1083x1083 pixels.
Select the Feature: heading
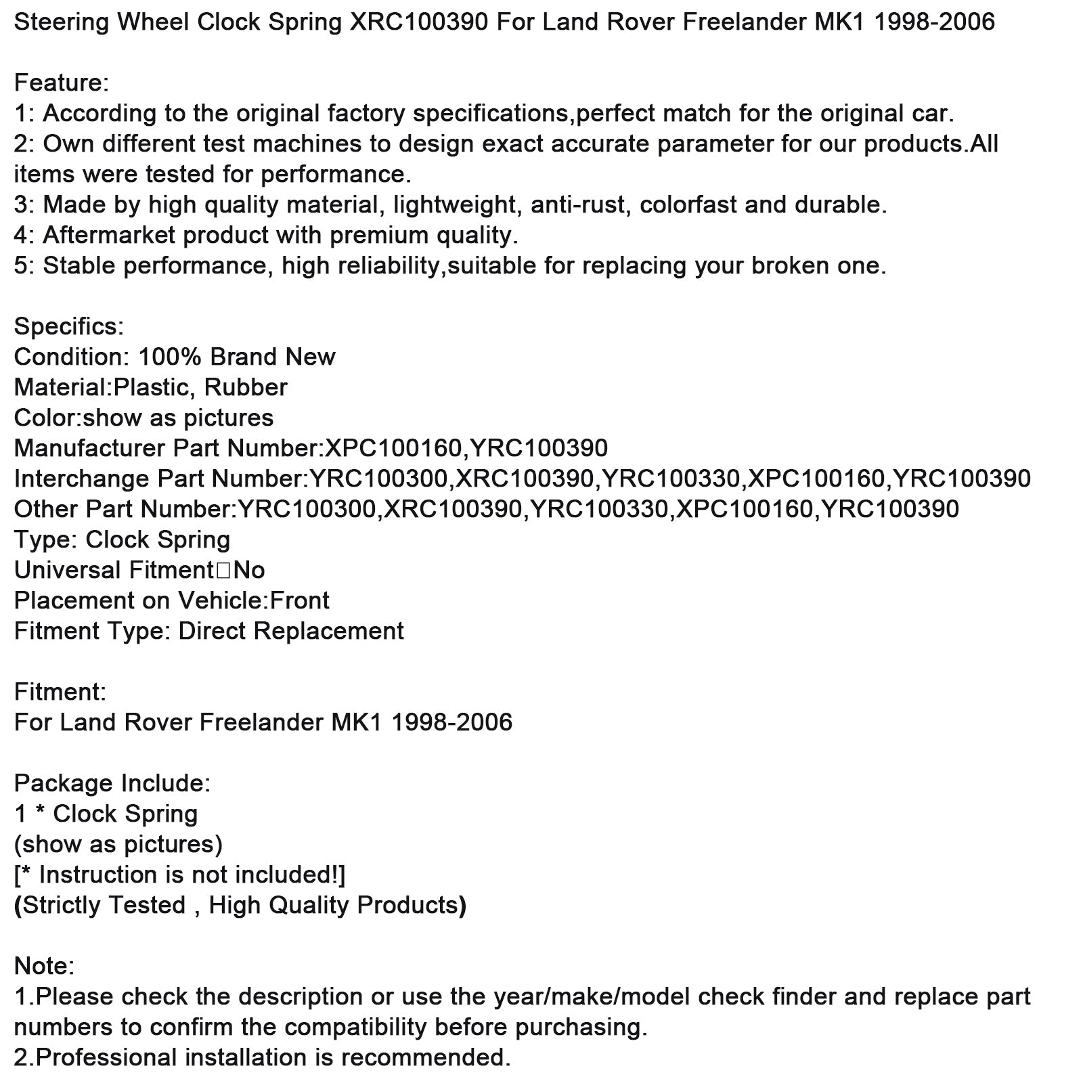(62, 83)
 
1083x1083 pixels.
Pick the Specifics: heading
(69, 327)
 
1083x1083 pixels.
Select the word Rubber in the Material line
(246, 388)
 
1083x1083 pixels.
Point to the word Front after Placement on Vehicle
(300, 601)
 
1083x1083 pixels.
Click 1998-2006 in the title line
(935, 23)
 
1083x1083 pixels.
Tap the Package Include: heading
(112, 784)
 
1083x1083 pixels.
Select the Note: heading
(44, 967)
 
